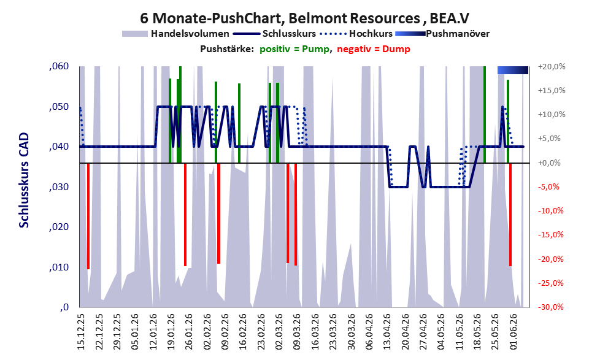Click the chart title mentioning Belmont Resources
(304, 18)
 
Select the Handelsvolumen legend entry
(175, 34)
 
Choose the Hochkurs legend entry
(356, 34)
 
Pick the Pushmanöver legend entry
(442, 34)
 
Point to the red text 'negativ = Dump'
(374, 49)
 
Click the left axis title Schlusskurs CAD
(24, 180)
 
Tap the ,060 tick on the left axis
(59, 66)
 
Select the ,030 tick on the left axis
(59, 187)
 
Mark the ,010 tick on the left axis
(59, 267)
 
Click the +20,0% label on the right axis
(552, 67)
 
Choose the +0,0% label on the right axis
(550, 163)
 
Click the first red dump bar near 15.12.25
(88, 216)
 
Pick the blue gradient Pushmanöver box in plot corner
(513, 70)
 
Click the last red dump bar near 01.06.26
(510, 215)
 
